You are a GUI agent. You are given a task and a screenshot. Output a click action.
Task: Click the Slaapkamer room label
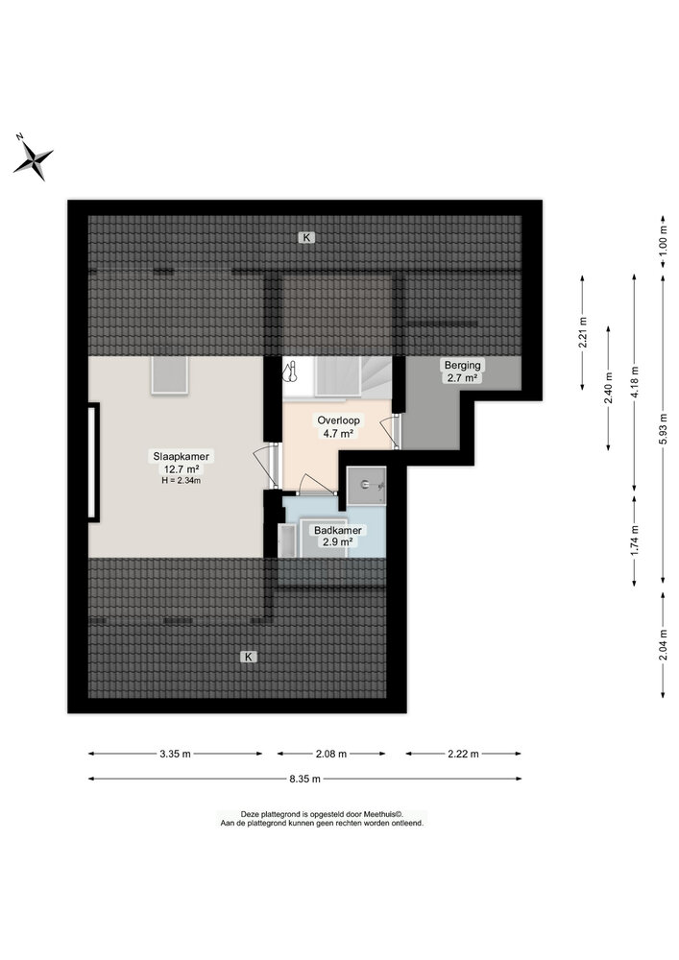coord(181,456)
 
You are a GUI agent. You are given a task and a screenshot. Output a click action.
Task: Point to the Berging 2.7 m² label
coord(462,372)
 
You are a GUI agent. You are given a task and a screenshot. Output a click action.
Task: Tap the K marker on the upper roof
coord(305,236)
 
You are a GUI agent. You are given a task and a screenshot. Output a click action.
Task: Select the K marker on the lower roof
coord(249,657)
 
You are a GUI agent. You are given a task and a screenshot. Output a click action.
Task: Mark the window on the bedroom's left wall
coord(93,463)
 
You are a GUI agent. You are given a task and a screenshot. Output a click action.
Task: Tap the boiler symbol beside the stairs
coord(292,372)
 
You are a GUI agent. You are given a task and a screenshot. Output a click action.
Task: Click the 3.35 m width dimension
coord(177,754)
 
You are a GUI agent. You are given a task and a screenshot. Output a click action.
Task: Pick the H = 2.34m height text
coord(181,480)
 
